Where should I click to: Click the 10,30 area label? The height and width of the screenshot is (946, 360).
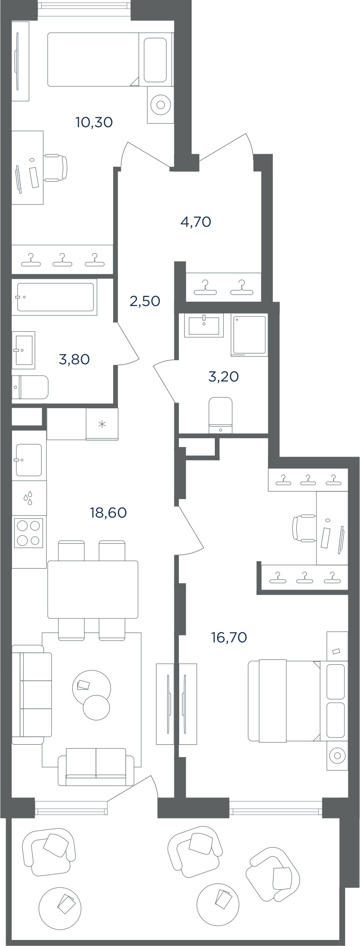(94, 122)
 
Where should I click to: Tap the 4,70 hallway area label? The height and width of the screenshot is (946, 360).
(196, 221)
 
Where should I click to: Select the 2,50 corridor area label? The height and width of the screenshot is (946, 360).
(145, 301)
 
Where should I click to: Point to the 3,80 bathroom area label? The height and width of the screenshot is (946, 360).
(74, 359)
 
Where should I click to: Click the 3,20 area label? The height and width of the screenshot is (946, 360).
(224, 377)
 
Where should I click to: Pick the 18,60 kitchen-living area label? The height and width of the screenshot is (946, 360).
(108, 512)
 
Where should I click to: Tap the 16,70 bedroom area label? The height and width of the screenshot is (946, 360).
(229, 637)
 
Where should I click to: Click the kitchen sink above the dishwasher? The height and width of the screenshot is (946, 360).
(28, 460)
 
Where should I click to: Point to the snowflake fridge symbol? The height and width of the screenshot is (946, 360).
(102, 424)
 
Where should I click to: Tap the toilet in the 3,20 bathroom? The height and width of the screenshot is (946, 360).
(220, 415)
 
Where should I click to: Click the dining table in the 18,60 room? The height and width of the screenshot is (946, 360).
(93, 589)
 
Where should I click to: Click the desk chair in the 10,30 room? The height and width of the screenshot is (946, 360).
(56, 168)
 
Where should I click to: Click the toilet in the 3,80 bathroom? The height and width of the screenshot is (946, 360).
(30, 387)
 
